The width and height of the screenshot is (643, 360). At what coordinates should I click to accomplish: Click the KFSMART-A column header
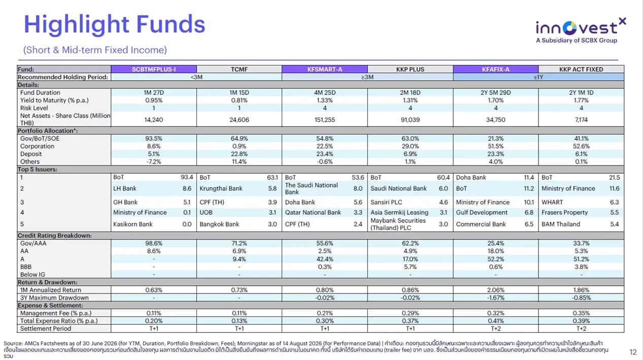pos(325,69)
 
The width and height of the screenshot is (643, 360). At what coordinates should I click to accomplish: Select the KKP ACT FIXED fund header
pos(581,69)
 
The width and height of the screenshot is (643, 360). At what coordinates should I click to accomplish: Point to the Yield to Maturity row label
pos(54,100)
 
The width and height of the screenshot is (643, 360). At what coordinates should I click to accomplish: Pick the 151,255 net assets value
pos(325,119)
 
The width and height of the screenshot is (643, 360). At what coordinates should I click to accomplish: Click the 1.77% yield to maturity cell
pos(581,100)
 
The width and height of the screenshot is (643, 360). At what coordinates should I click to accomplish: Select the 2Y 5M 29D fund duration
pos(496,92)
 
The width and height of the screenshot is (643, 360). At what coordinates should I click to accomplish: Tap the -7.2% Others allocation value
pos(154,161)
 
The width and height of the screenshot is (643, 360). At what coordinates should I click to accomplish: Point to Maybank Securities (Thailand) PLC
pos(398,224)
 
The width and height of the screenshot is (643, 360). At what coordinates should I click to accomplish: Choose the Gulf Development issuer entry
pos(482,212)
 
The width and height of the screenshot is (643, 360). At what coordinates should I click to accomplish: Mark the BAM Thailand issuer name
pos(561,224)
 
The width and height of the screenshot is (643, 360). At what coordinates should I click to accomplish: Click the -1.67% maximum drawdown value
pos(496,298)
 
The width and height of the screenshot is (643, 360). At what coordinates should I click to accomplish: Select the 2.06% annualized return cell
pos(496,290)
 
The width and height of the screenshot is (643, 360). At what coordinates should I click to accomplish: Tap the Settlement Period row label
pos(45,329)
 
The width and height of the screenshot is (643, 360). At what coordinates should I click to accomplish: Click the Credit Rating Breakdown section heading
pos(54,235)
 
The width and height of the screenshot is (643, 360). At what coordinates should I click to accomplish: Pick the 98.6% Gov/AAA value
pos(154,243)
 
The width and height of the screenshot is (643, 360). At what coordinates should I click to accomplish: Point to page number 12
pos(633,352)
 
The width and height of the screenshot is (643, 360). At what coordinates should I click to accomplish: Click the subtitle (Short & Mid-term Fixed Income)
pos(95,50)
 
